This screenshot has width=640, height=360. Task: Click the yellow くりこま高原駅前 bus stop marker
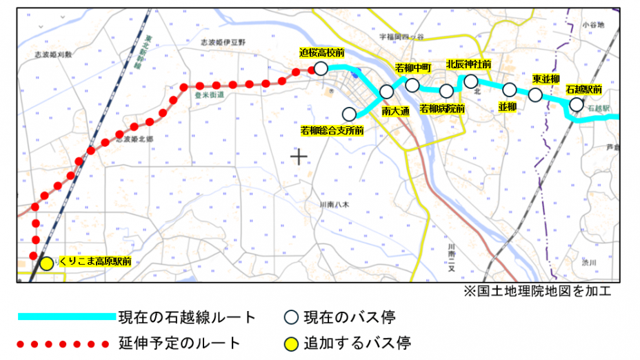click(x=46, y=263)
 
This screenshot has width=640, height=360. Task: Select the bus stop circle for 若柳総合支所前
click(x=349, y=114)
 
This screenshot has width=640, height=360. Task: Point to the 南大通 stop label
click(x=396, y=111)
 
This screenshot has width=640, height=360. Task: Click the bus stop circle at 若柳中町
click(x=412, y=85)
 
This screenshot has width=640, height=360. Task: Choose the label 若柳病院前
click(x=442, y=108)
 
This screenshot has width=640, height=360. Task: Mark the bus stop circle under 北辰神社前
click(x=471, y=81)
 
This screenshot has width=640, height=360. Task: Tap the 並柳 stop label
click(x=507, y=106)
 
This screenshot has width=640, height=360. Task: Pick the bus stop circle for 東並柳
click(x=535, y=95)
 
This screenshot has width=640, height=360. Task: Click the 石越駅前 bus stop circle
click(x=576, y=104)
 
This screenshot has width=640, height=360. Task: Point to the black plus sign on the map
click(x=299, y=158)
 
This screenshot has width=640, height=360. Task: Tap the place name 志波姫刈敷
click(x=54, y=53)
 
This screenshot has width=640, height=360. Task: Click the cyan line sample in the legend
click(x=66, y=317)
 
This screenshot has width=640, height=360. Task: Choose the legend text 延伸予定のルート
click(x=179, y=343)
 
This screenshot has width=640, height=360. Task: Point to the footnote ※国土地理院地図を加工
click(x=538, y=292)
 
